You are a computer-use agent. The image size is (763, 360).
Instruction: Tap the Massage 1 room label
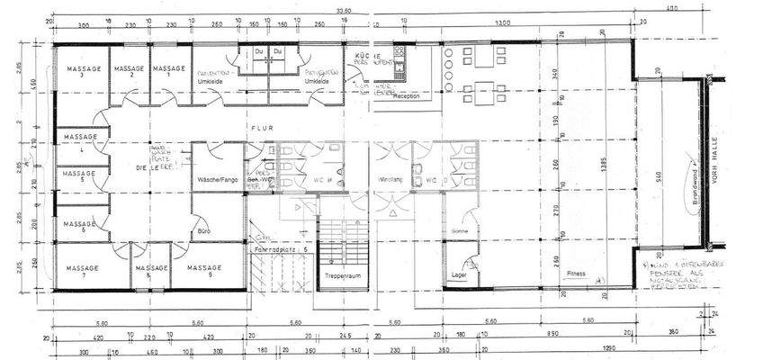coord(167,70)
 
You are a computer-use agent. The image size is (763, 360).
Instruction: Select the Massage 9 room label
coord(206,267)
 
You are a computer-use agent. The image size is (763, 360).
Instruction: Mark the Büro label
coord(203,232)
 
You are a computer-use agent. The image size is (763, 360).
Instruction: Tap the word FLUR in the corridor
coord(261,128)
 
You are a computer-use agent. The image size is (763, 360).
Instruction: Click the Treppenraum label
coord(343,275)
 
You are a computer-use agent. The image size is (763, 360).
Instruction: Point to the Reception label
coord(407,94)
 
